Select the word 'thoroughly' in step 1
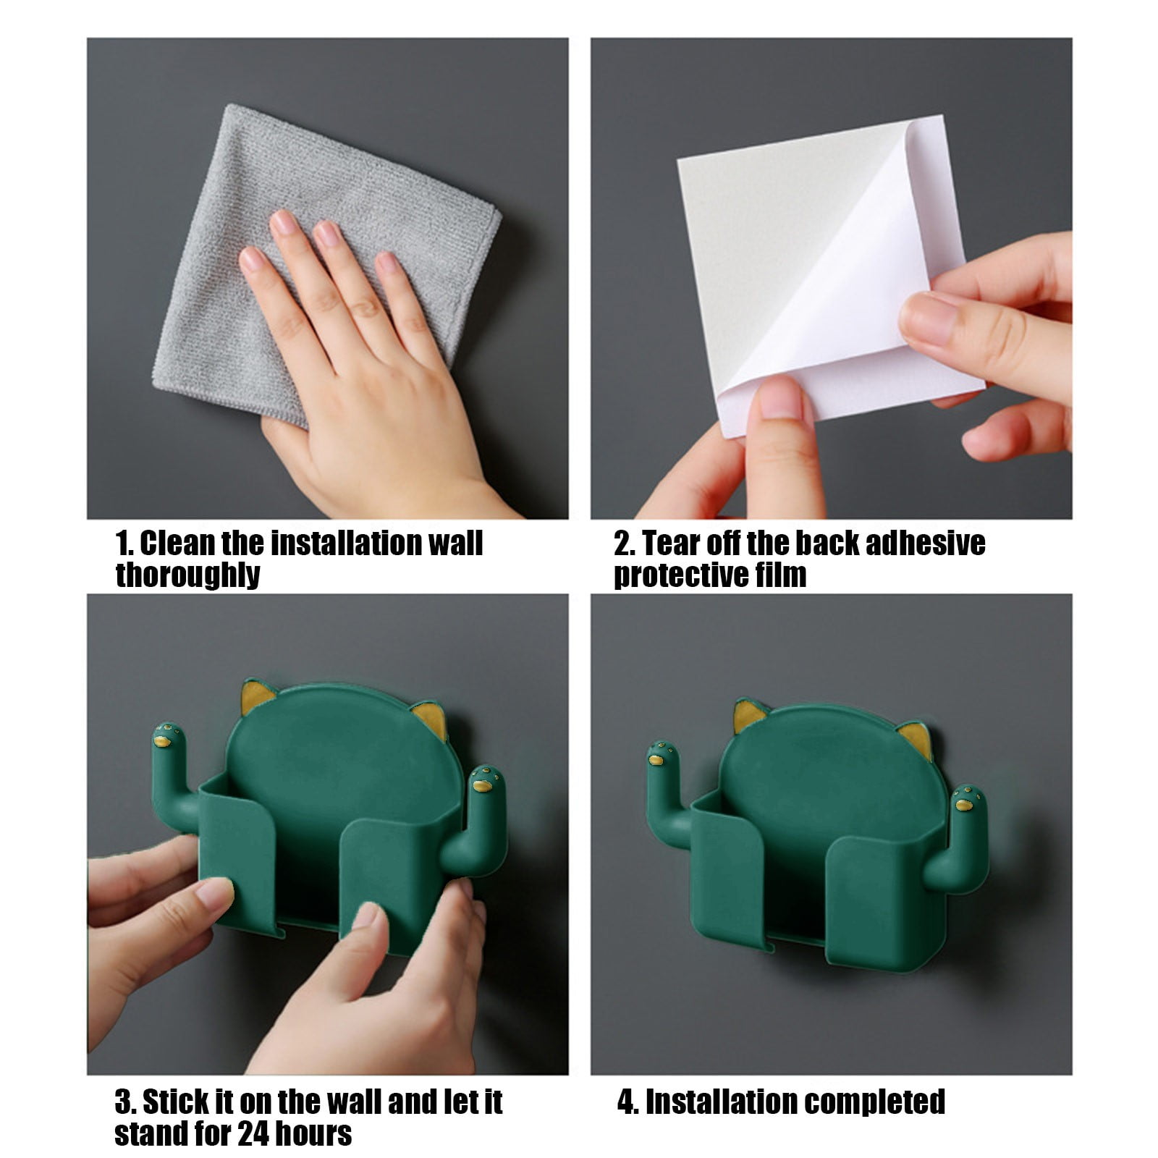187,575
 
